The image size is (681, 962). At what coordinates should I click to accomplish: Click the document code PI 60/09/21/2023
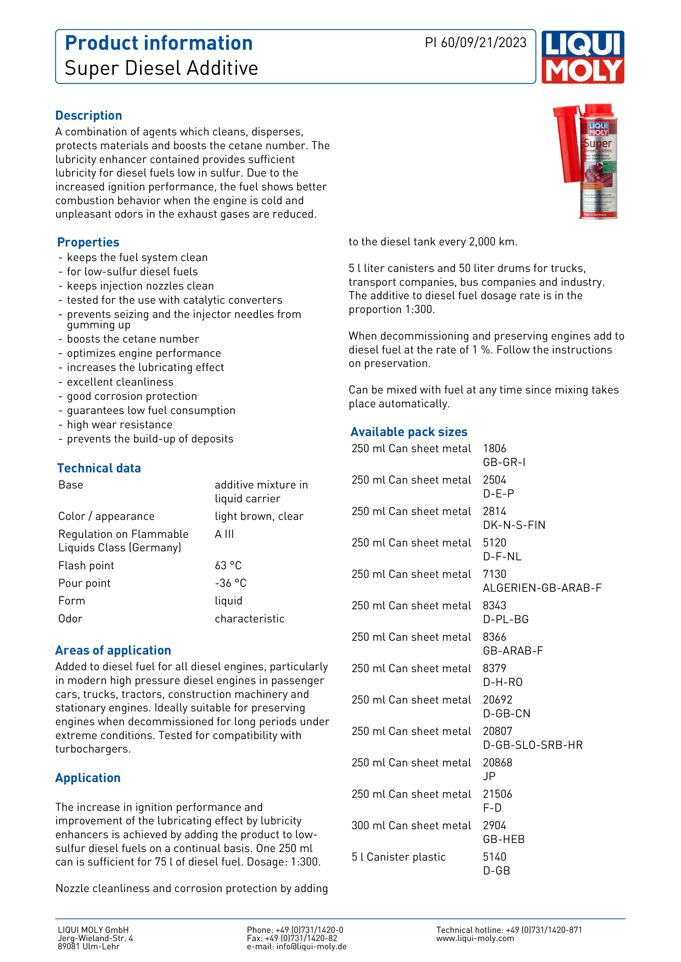click(475, 43)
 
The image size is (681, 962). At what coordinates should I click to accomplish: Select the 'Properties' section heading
click(88, 242)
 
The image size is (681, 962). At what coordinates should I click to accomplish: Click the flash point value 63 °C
click(228, 566)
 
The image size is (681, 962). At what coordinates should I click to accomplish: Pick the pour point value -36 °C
click(230, 583)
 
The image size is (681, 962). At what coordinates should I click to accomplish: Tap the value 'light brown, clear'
click(259, 516)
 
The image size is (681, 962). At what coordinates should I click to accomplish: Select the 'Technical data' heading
click(99, 468)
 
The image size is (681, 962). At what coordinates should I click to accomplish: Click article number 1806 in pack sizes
click(495, 448)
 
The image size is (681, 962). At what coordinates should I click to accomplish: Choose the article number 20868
click(497, 763)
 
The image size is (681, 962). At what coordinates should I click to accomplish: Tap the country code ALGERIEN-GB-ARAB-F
click(542, 588)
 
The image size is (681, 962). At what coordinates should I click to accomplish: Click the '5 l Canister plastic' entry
click(398, 857)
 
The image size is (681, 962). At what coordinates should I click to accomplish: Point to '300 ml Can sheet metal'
click(411, 825)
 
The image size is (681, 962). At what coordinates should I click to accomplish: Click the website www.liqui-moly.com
click(475, 938)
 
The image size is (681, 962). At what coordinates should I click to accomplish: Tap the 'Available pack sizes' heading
click(409, 432)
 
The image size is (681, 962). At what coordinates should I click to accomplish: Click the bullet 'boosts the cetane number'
click(133, 339)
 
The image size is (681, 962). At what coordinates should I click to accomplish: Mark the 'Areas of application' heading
click(113, 650)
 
